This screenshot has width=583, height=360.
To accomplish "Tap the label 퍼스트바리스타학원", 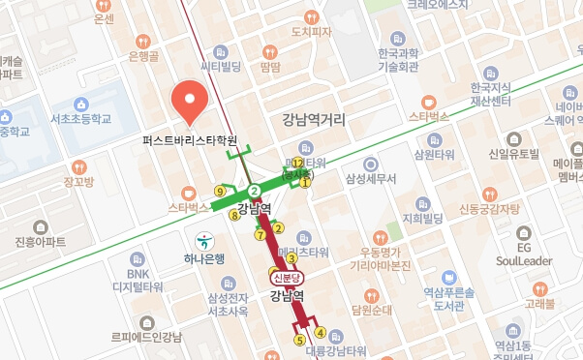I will pyautogui.click(x=190, y=139).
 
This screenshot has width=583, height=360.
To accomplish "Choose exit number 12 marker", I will pyautogui.click(x=297, y=163).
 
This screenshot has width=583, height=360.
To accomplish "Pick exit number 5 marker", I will pyautogui.click(x=300, y=341).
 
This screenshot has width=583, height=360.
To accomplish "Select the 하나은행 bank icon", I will pyautogui.click(x=204, y=240).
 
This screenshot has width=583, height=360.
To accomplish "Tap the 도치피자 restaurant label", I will pyautogui.click(x=311, y=31).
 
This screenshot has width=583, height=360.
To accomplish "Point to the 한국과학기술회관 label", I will pyautogui.click(x=398, y=60).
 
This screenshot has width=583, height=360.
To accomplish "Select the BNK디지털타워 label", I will pyautogui.click(x=138, y=280).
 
